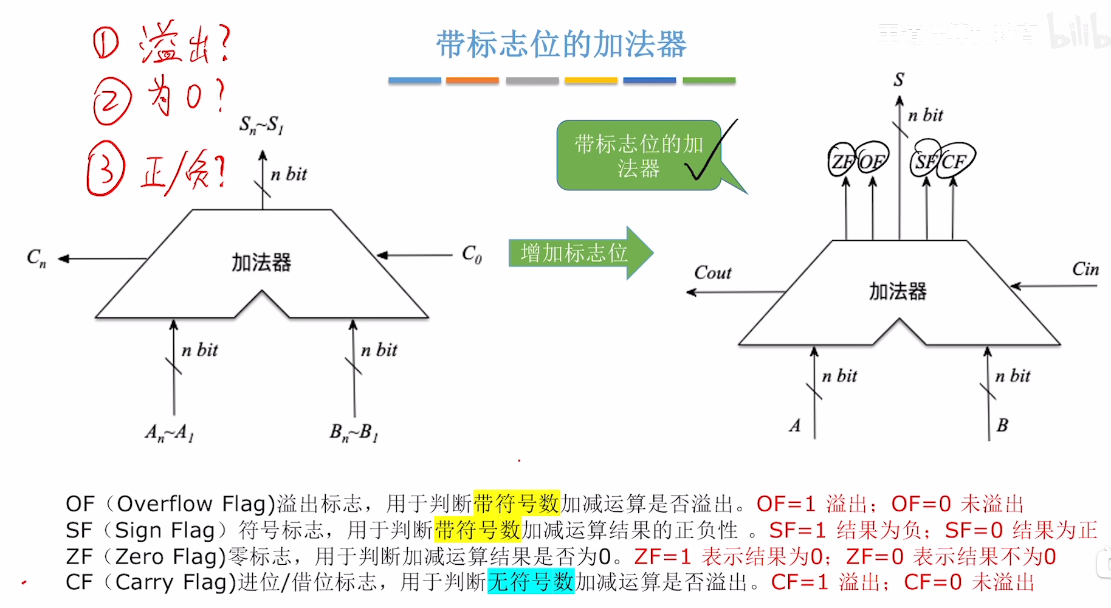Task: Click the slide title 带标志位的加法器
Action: pyautogui.click(x=561, y=44)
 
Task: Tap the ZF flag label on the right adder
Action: pyautogui.click(x=842, y=161)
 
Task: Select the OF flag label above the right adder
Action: pyautogui.click(x=872, y=161)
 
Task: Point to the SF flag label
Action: pyautogui.click(x=925, y=161)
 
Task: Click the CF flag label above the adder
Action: pyautogui.click(x=954, y=161)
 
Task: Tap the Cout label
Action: pyautogui.click(x=713, y=272)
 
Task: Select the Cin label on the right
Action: pyautogui.click(x=1085, y=269)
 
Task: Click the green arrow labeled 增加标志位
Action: pyautogui.click(x=574, y=253)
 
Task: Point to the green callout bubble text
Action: pyautogui.click(x=638, y=156)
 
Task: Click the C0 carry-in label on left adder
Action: pyautogui.click(x=472, y=254)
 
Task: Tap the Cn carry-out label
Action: pyautogui.click(x=36, y=258)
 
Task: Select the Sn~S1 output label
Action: pyautogui.click(x=261, y=125)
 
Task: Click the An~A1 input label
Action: pyautogui.click(x=170, y=432)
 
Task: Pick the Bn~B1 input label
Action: pyautogui.click(x=354, y=432)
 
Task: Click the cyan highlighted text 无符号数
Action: pyautogui.click(x=531, y=582)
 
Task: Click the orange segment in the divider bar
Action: pyautogui.click(x=472, y=80)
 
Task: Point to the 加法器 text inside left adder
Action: pyautogui.click(x=261, y=263)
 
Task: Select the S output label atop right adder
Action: pyautogui.click(x=899, y=79)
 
